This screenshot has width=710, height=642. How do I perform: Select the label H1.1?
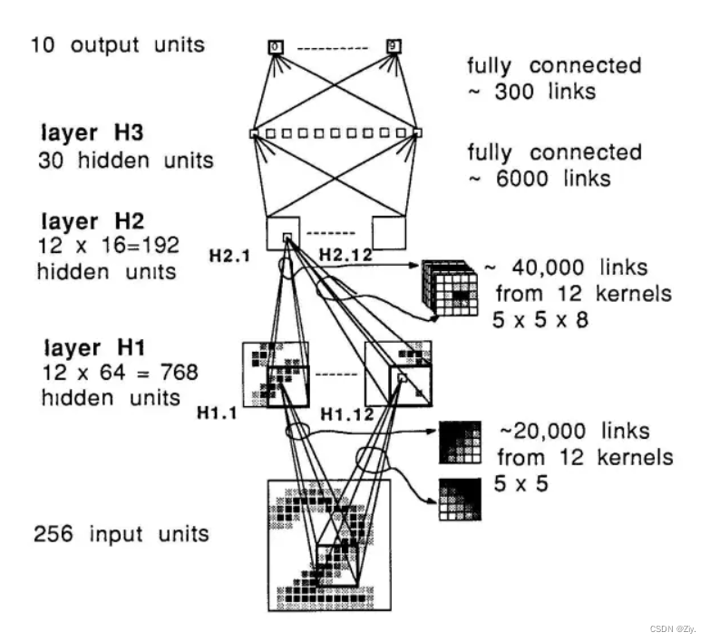[219, 413]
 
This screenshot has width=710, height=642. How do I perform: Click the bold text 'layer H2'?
[83, 220]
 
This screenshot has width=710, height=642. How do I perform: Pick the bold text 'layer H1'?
[83, 348]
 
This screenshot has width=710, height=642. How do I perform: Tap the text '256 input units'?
[121, 533]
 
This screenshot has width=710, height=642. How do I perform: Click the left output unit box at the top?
[275, 45]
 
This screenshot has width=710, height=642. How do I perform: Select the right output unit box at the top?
[393, 45]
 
